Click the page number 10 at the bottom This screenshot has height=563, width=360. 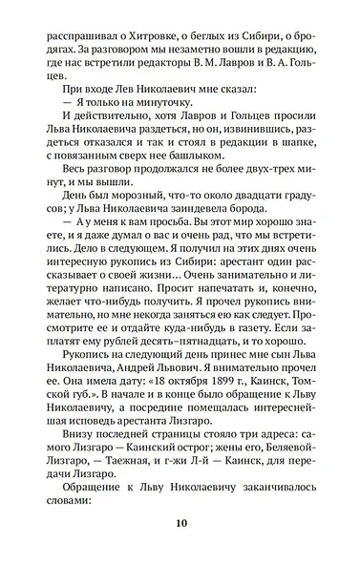click(x=180, y=524)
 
